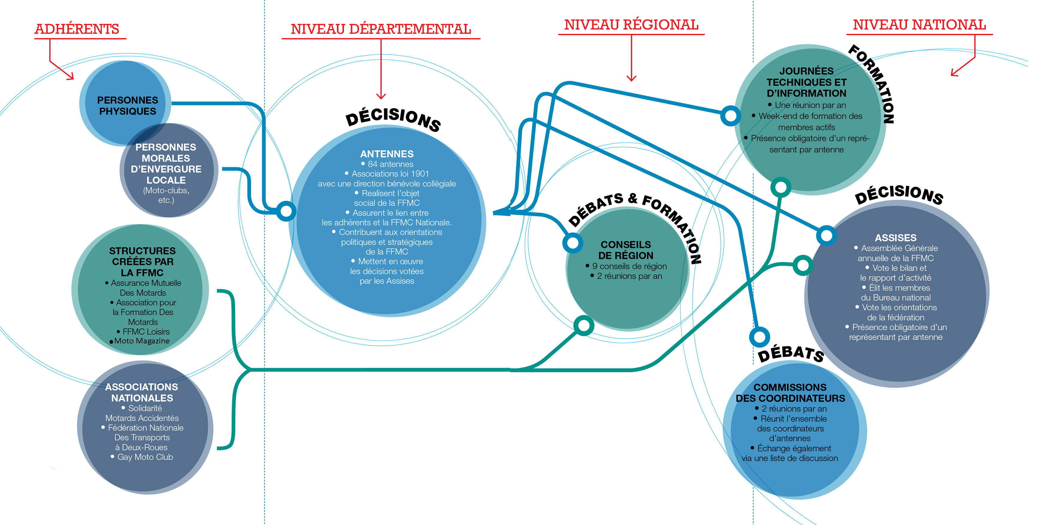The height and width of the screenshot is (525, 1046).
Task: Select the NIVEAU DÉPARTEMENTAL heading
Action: click(x=381, y=29)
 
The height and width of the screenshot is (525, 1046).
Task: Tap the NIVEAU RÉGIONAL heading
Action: click(x=631, y=25)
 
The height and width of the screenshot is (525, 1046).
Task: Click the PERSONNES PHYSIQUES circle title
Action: click(x=127, y=106)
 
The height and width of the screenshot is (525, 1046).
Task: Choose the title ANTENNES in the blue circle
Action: click(x=387, y=154)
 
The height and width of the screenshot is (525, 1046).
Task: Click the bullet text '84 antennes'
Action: click(x=390, y=164)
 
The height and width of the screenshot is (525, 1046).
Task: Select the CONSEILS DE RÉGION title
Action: click(x=626, y=250)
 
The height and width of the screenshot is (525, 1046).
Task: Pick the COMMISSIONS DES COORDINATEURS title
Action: click(x=790, y=393)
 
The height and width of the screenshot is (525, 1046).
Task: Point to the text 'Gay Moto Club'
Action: click(x=145, y=457)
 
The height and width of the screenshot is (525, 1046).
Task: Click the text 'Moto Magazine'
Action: click(x=142, y=341)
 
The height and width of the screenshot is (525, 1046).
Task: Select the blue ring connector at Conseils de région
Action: click(x=573, y=243)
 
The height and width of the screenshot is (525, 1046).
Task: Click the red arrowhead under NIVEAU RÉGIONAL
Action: click(x=631, y=78)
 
